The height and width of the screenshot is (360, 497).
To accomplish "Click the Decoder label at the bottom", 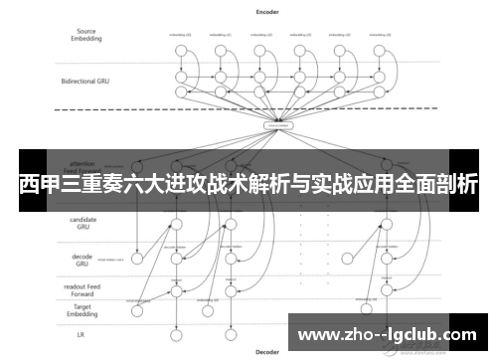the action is [x=267, y=352].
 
